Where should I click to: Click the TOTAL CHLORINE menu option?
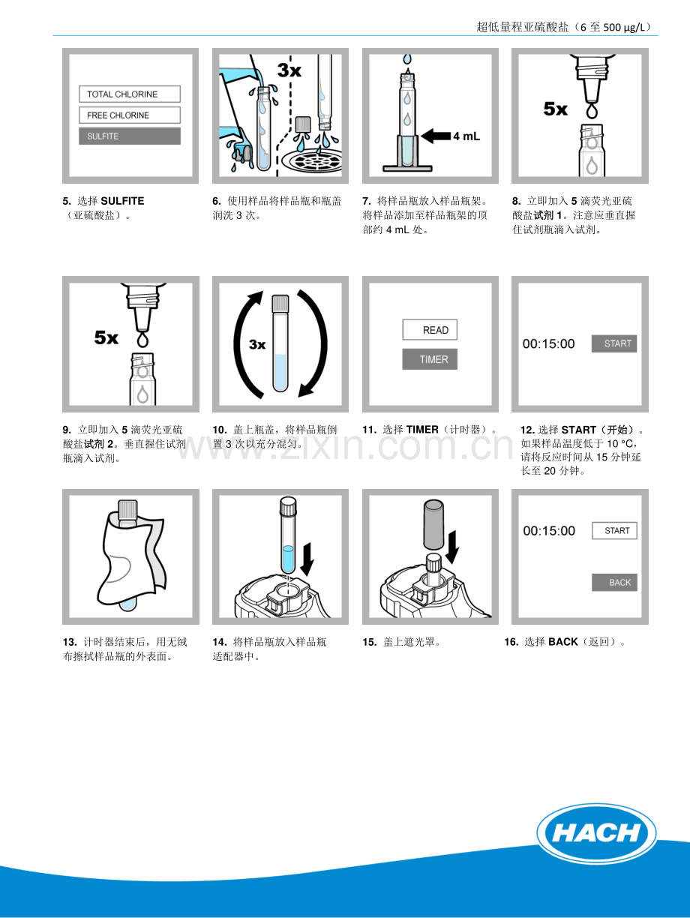coord(130,94)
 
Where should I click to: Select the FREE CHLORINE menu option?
coord(130,115)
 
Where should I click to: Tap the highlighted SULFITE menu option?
coord(130,136)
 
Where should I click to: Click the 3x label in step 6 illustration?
coord(289,70)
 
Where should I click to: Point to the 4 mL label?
coord(466,136)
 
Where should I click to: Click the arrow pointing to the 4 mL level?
coord(436,136)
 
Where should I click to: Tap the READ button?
coord(430,330)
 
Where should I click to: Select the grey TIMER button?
coord(430,359)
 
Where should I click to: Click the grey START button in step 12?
coord(614,343)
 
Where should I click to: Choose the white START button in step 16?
coord(615,531)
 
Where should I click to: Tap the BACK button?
coord(615,582)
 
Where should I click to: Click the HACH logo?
coord(597,833)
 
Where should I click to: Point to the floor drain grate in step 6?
coord(311,161)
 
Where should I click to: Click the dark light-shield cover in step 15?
coord(433,524)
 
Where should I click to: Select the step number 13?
coord(70,642)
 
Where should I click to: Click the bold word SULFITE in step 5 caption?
coord(122,201)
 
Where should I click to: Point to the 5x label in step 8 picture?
coord(555,109)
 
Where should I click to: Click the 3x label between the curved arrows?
coord(257,344)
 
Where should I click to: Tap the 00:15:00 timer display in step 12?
coord(549,343)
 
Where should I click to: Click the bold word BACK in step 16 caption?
coord(562,642)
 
